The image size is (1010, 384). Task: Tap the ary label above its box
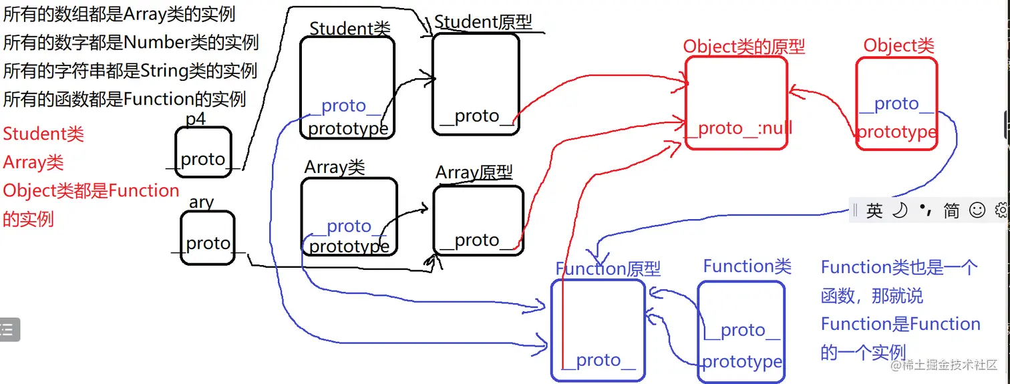201,202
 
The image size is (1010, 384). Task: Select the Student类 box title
349,28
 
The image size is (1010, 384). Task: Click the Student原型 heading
483,22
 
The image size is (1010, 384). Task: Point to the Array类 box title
335,167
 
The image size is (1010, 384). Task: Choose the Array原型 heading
474,173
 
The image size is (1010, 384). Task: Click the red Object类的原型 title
743,46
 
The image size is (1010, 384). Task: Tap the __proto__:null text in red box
739,128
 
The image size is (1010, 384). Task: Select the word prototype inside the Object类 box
896,132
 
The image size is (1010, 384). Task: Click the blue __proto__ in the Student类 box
343,106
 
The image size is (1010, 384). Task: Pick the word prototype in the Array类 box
349,246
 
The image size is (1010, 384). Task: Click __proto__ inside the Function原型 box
599,361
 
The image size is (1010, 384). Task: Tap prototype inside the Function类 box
741,362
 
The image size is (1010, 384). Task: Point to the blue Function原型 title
608,268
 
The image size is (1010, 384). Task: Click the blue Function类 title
747,266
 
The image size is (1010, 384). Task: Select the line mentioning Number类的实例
130,43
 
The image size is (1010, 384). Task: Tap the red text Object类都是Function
91,191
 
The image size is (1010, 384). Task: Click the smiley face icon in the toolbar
977,211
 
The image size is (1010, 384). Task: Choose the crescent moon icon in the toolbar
900,211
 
